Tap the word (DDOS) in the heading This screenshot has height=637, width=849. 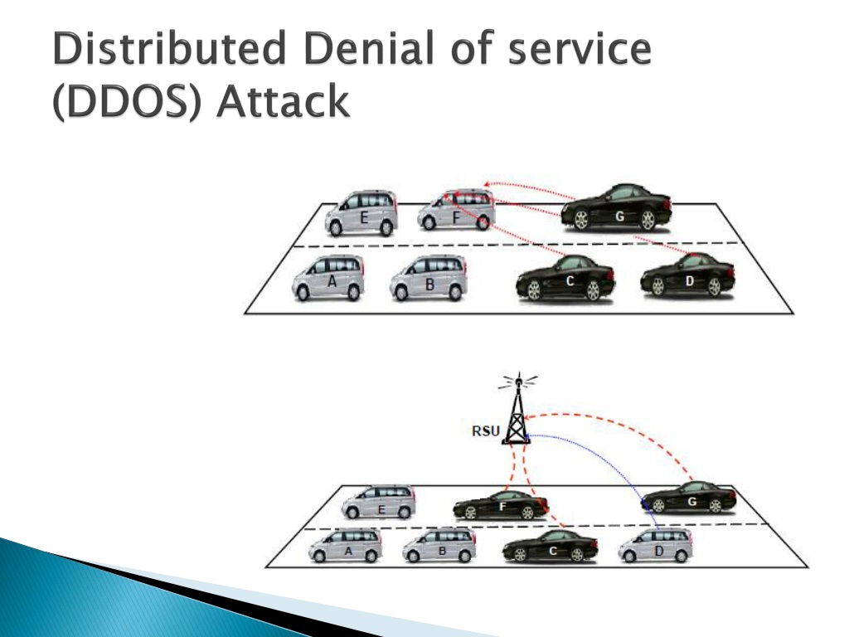(x=127, y=100)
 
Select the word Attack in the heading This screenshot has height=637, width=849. (x=284, y=100)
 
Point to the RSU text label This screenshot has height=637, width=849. (x=486, y=431)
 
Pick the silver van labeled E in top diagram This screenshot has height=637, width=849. (x=361, y=213)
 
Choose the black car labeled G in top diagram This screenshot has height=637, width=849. (x=616, y=208)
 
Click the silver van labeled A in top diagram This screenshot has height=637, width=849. (x=328, y=278)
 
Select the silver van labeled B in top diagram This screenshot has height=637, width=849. (x=429, y=278)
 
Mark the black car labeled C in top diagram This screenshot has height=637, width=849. (x=565, y=279)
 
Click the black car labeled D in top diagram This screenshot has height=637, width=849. (x=687, y=275)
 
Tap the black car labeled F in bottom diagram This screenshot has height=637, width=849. (x=501, y=505)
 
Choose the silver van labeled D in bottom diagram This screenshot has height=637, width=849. (x=656, y=546)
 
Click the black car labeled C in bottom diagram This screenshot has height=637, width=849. (x=551, y=547)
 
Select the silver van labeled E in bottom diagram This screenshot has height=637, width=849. (x=378, y=502)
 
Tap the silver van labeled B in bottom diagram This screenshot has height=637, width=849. (x=439, y=546)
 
